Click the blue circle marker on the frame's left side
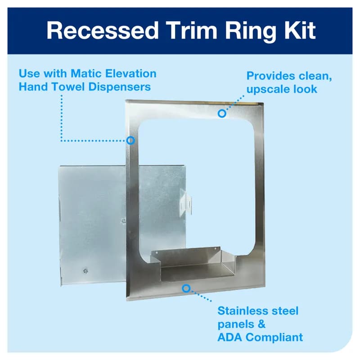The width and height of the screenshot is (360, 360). click(131, 140)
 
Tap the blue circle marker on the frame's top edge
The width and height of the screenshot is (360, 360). click(222, 113)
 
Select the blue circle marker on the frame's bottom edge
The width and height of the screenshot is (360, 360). click(186, 287)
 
